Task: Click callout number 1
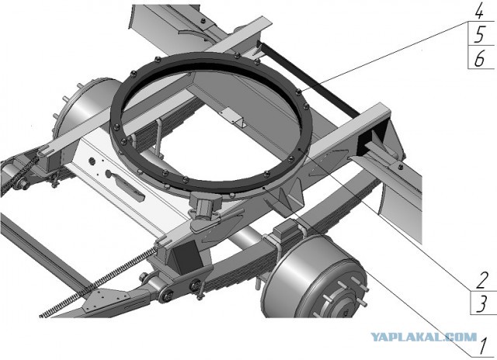tap(482, 346)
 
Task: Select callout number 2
tap(481, 280)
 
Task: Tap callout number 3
tap(481, 303)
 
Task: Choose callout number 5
tap(480, 34)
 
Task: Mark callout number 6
tap(480, 58)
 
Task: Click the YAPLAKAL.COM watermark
tap(424, 337)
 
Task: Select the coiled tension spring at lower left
tap(99, 282)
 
